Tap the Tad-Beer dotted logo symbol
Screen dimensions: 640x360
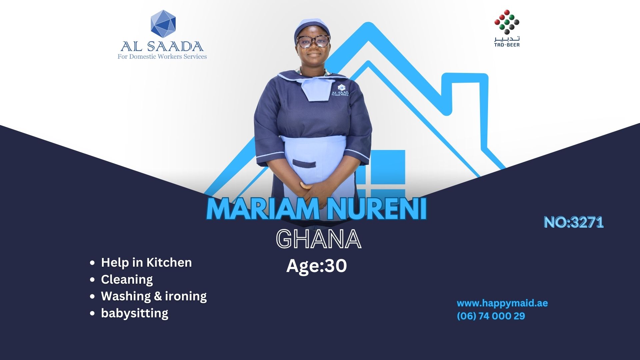(507, 22)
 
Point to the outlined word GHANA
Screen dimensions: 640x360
(319, 239)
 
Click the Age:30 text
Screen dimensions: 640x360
(317, 266)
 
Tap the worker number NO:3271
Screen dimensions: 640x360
(574, 222)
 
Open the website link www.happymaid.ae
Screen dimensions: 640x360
(502, 303)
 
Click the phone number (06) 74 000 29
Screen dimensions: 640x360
(491, 316)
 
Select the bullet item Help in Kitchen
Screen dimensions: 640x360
(146, 262)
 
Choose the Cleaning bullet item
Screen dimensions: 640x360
(127, 279)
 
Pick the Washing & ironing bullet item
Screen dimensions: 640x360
(154, 296)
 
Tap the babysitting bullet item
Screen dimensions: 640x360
(135, 313)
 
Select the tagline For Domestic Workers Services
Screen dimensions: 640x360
(162, 57)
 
